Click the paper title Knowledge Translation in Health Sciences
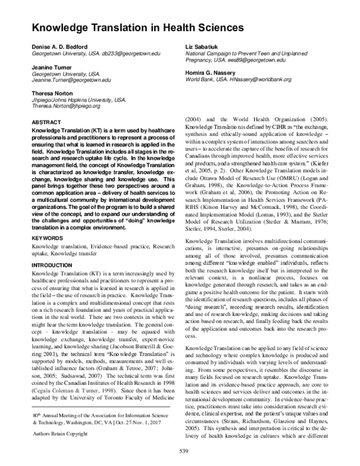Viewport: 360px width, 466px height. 137,28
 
